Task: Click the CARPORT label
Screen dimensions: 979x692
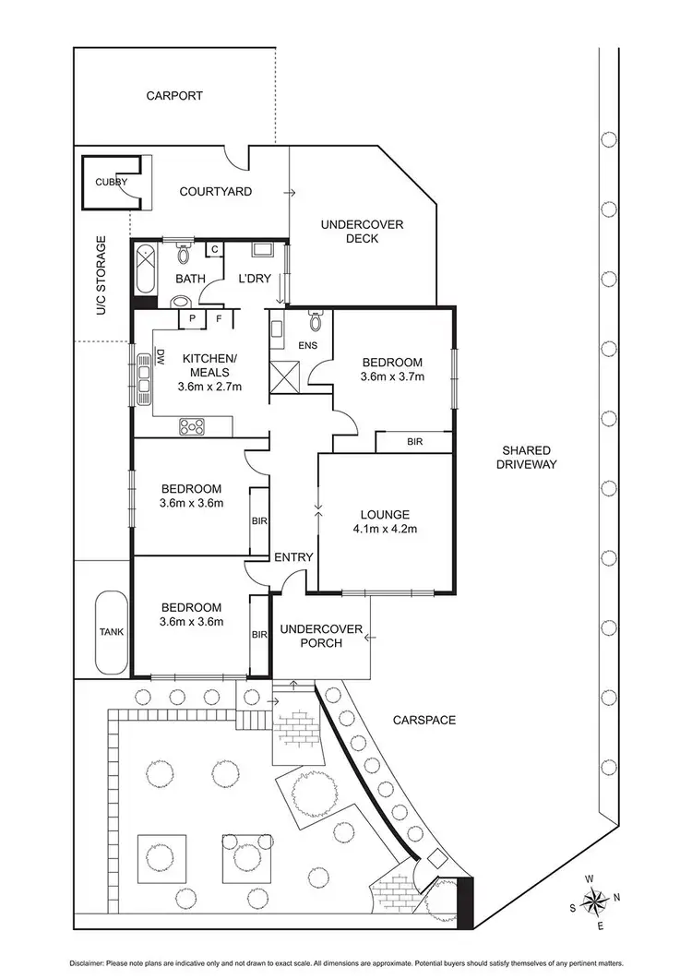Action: point(173,95)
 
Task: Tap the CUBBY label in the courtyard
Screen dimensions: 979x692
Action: point(110,183)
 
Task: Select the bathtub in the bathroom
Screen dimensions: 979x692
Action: point(144,272)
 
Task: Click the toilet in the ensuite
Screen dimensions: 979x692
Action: point(316,321)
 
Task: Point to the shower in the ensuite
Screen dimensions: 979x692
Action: point(285,376)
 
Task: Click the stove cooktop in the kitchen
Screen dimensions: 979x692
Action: point(192,425)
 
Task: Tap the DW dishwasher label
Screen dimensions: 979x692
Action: point(160,356)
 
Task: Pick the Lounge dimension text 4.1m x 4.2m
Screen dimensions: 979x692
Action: point(385,530)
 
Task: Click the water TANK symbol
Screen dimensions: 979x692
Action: point(111,632)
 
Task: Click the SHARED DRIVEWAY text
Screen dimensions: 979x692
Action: point(528,458)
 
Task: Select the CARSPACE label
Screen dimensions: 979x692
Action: point(424,720)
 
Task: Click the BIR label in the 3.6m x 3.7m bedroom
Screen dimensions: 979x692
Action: point(414,443)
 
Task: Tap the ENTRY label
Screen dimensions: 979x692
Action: point(293,557)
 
